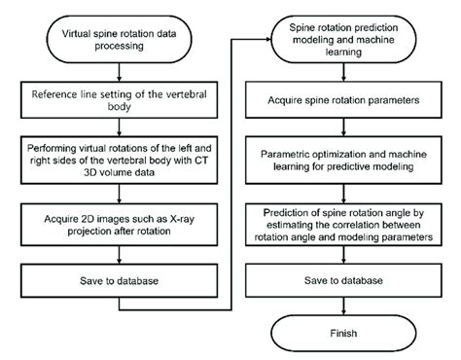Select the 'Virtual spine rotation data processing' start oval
click(118, 38)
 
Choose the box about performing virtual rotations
click(118, 154)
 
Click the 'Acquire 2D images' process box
click(118, 223)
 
